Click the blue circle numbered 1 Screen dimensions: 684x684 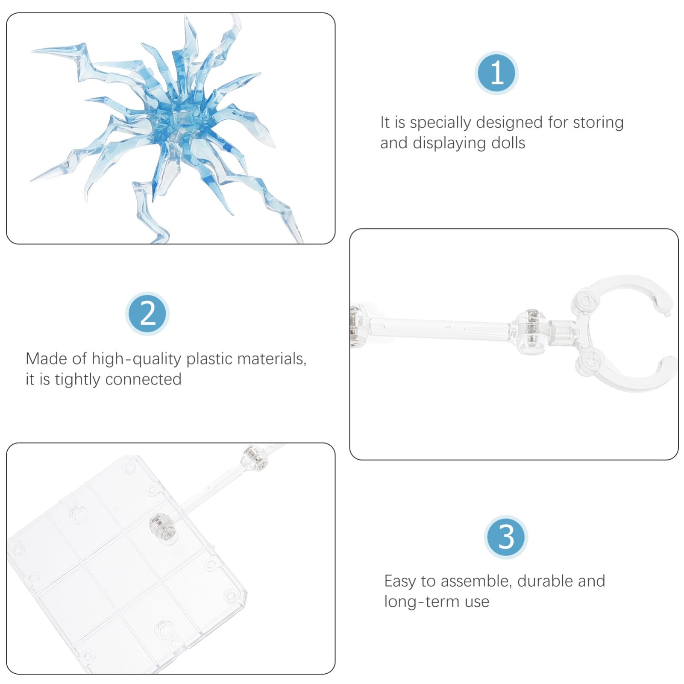(x=496, y=73)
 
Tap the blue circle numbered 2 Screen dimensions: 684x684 (x=147, y=314)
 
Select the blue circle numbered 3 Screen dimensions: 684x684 (x=506, y=537)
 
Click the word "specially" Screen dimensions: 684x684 (x=440, y=123)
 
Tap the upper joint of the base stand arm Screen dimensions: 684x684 (x=255, y=458)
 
